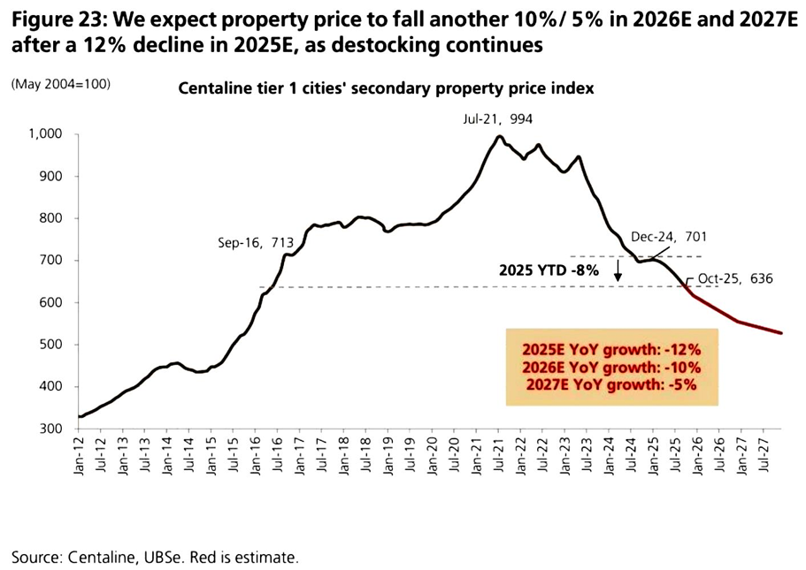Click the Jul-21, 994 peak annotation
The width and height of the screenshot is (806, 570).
tap(497, 118)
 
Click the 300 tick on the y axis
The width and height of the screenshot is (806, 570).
tap(48, 429)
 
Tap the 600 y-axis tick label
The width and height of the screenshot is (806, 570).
tap(48, 302)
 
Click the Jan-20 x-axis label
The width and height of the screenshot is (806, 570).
tap(433, 456)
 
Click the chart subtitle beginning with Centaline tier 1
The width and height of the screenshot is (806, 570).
tap(386, 88)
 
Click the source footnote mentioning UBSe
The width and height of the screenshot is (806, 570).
tap(155, 557)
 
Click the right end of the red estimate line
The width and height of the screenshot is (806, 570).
tap(781, 333)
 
